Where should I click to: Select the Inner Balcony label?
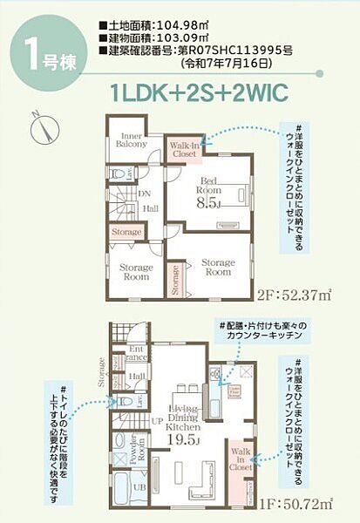pyautogui.click(x=132, y=142)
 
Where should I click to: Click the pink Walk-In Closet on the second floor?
pyautogui.click(x=185, y=149)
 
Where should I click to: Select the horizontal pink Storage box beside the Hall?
pyautogui.click(x=126, y=233)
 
